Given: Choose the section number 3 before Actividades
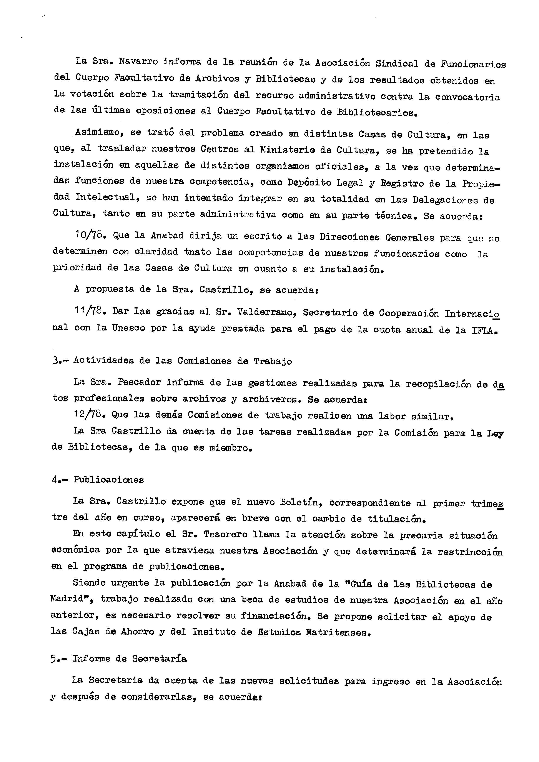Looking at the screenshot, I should pyautogui.click(x=55, y=361).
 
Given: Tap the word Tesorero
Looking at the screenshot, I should pyautogui.click(x=225, y=534).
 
